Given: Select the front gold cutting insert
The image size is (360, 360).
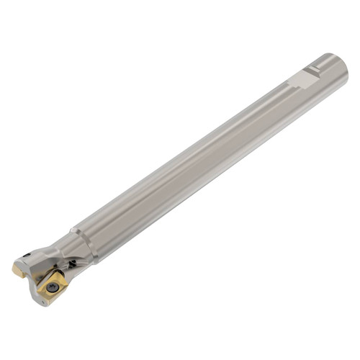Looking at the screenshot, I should (x=55, y=285).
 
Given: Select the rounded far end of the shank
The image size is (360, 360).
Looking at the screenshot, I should (x=341, y=68).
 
